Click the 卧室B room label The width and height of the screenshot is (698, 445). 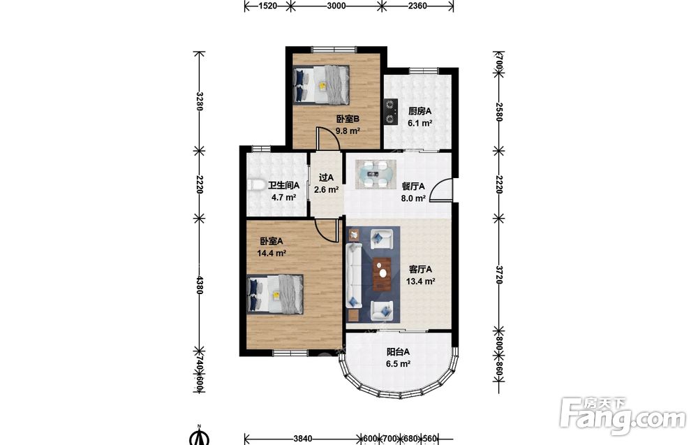(348, 119)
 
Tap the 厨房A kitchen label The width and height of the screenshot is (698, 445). (419, 111)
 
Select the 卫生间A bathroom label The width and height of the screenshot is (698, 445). (283, 185)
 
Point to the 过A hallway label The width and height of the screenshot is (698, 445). (326, 177)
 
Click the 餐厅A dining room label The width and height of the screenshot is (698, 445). (413, 187)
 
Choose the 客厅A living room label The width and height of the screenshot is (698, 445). (420, 270)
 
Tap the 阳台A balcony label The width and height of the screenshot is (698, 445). (398, 351)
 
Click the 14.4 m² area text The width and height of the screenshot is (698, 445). (272, 254)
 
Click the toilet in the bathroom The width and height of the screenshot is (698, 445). (255, 185)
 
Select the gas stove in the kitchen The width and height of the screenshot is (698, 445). (391, 112)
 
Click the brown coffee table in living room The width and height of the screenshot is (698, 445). (382, 274)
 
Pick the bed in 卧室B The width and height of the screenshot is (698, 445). (321, 85)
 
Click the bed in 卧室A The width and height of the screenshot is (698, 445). (276, 294)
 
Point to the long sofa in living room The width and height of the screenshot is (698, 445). (355, 275)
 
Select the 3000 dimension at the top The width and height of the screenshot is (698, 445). (336, 6)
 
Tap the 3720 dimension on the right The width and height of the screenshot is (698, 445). (499, 275)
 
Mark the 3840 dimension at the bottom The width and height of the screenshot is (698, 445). (303, 439)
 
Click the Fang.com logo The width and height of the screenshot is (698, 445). (623, 416)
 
